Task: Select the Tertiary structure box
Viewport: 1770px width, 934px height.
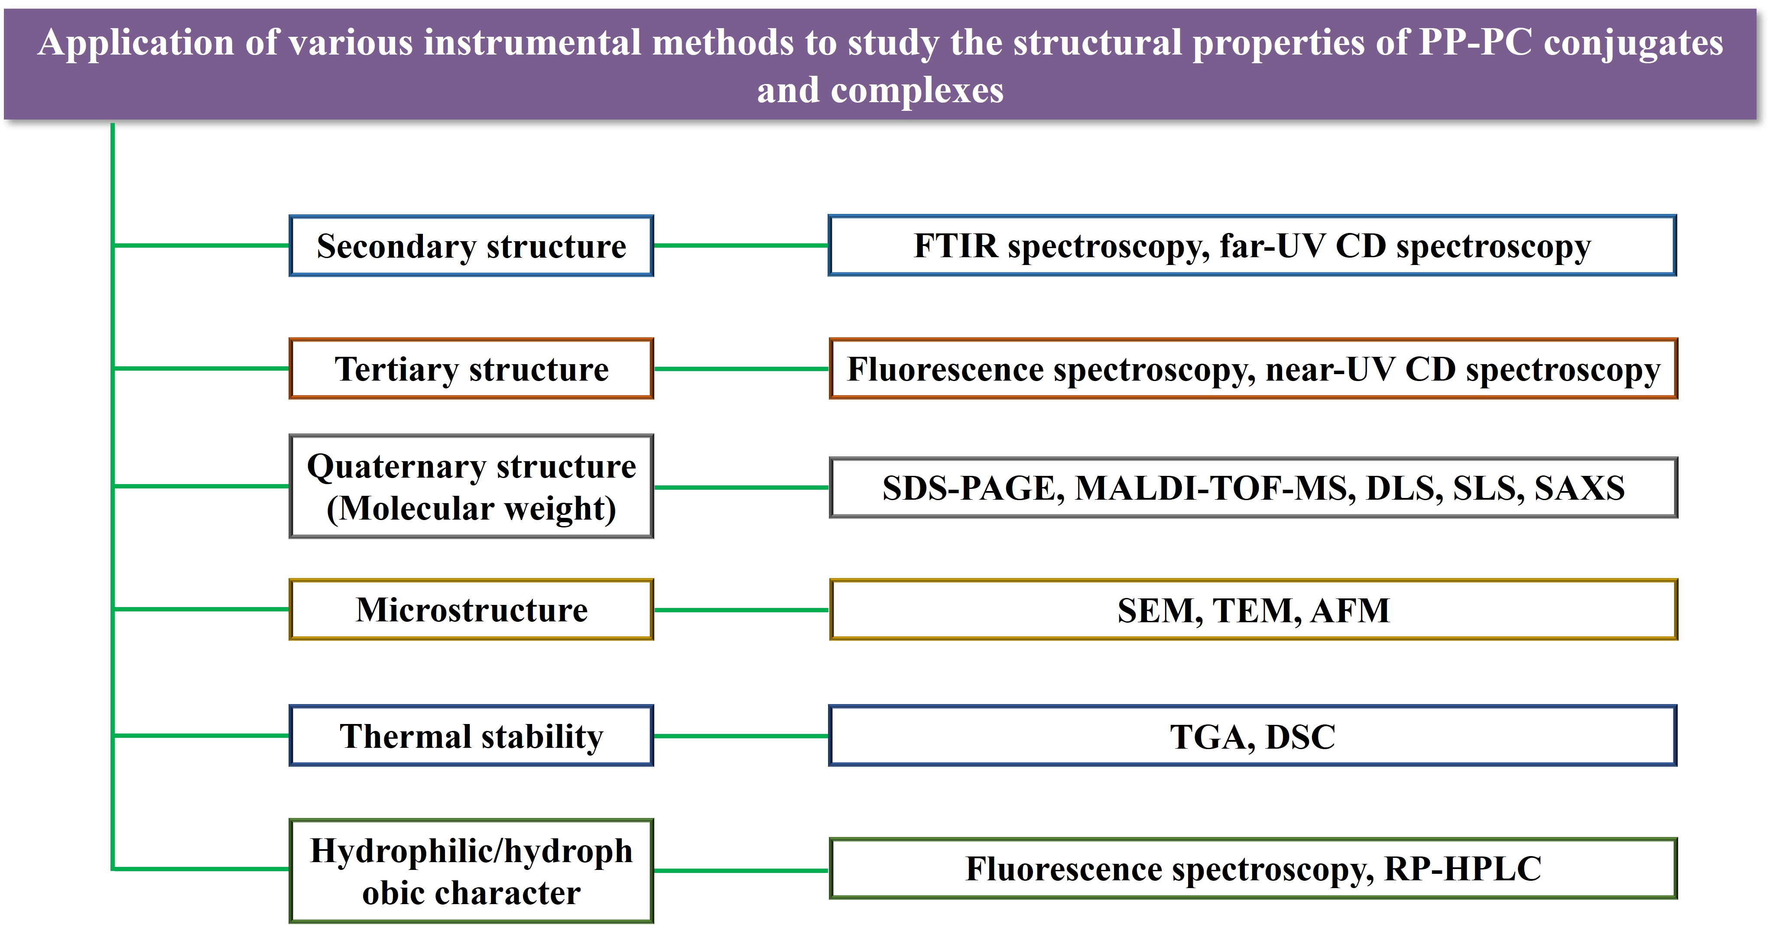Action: click(x=471, y=369)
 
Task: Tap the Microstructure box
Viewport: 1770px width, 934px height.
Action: click(x=471, y=610)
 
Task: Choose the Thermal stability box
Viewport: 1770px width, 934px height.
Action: click(x=471, y=736)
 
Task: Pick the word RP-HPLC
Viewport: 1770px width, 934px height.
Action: click(x=1463, y=869)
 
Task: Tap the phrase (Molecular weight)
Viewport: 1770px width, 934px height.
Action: click(x=471, y=509)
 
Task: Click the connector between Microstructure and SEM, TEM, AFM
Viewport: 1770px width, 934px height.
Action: click(x=741, y=610)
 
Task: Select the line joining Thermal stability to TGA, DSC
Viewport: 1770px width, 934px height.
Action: click(x=741, y=736)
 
